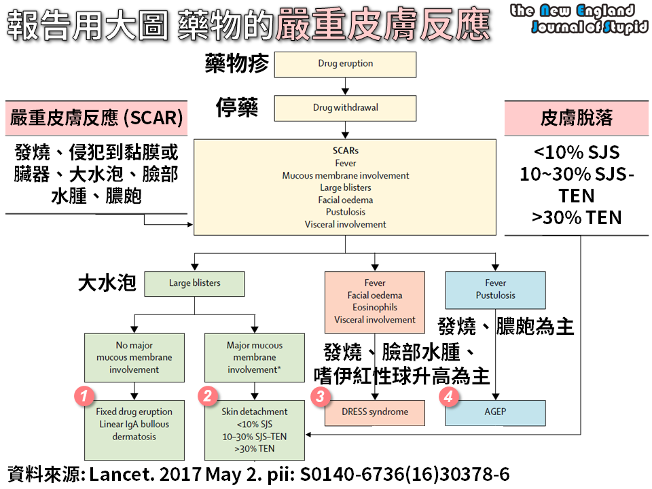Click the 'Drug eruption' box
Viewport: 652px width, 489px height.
345,64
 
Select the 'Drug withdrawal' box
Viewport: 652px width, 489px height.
345,107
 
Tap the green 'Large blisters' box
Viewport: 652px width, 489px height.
194,283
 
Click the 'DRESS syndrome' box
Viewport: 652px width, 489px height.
374,412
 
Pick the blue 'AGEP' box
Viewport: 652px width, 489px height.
495,412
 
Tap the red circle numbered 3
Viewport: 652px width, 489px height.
321,397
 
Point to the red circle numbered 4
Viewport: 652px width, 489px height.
448,397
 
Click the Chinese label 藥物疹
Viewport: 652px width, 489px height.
237,64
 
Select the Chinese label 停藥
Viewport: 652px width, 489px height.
237,107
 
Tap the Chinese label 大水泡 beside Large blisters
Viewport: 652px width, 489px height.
107,283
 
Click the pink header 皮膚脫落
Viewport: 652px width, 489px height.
576,117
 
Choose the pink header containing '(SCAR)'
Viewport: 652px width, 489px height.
96,117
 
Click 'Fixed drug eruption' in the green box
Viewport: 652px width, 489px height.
134,412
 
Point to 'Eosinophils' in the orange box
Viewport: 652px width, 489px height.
374,307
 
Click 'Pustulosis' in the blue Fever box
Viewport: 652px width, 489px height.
495,295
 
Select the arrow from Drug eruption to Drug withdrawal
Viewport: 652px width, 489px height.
345,86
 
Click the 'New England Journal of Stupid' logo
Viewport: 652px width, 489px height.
578,18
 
